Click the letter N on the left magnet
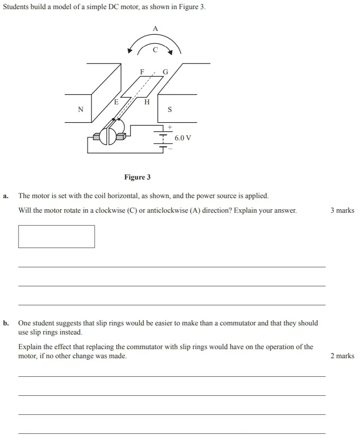click(81, 109)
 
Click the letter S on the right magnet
click(170, 110)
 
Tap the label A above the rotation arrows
click(155, 28)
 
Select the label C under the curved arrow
click(155, 50)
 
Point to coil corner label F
click(142, 72)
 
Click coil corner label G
click(165, 72)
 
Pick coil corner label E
click(116, 102)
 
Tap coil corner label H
click(147, 102)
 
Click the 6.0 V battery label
click(183, 138)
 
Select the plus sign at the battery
click(170, 127)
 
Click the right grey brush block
click(121, 136)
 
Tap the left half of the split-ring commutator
click(104, 137)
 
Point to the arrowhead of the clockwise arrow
click(170, 51)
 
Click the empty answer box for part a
click(57, 236)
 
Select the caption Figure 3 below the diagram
click(137, 177)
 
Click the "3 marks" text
click(342, 210)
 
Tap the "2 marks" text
click(342, 356)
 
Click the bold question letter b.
click(6, 323)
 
